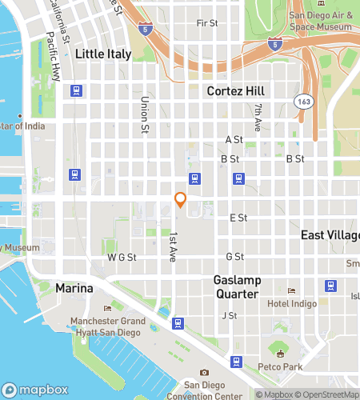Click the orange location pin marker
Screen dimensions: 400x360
[x=181, y=200]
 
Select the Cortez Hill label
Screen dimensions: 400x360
[x=235, y=91]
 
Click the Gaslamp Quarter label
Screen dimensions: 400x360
[x=236, y=287]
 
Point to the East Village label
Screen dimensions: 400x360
[x=330, y=234]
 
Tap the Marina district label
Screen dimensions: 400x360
[x=74, y=288]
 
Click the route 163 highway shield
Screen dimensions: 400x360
[x=302, y=102]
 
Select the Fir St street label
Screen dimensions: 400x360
[x=207, y=24]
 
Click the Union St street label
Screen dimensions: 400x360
[x=145, y=114]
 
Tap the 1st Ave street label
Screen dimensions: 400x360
[x=172, y=246]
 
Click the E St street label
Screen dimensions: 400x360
[x=238, y=218]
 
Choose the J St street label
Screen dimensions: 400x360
[x=230, y=315]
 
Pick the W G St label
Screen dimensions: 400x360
[x=122, y=257]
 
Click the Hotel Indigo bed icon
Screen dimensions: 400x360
[x=292, y=291]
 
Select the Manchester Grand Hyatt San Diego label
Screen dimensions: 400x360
[x=107, y=326]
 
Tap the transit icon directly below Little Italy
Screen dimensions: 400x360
[x=77, y=90]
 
